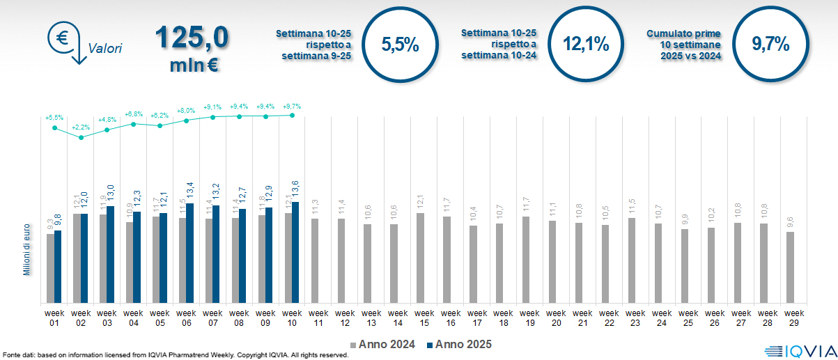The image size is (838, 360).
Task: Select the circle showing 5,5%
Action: [401, 45]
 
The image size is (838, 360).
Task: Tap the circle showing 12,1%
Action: [586, 45]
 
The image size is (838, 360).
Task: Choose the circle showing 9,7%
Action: [770, 45]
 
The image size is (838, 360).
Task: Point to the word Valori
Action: [105, 49]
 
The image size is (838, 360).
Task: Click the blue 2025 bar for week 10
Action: [295, 252]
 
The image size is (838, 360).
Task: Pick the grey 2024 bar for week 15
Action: [419, 258]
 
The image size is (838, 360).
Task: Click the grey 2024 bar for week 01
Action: [50, 268]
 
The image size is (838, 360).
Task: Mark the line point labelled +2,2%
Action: [82, 137]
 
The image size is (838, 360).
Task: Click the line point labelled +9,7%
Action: [292, 116]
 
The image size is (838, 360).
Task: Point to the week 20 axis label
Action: [556, 318]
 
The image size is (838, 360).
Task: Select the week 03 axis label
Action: [107, 318]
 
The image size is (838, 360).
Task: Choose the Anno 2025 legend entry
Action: [459, 345]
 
